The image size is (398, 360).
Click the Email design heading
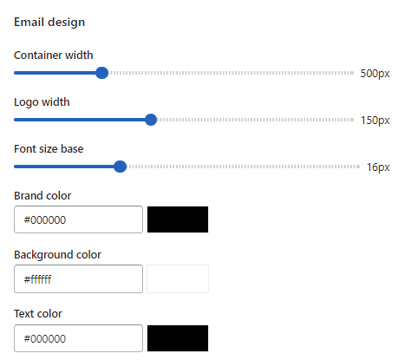click(49, 23)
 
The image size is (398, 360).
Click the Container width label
click(54, 56)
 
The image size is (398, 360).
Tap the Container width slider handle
click(101, 73)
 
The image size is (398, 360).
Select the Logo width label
click(42, 102)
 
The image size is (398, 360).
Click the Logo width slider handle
click(151, 120)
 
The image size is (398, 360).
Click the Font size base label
click(49, 149)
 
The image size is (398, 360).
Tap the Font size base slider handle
click(120, 167)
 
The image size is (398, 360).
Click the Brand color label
click(42, 196)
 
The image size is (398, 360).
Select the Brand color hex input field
click(78, 219)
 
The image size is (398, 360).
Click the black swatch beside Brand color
click(178, 219)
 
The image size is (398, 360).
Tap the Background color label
click(57, 255)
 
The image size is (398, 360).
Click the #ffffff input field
click(78, 278)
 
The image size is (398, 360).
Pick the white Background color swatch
click(178, 278)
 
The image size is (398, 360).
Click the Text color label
click(38, 314)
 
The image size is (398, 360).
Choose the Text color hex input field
click(78, 338)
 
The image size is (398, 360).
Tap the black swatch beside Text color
click(178, 338)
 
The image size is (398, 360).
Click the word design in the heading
click(67, 23)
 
